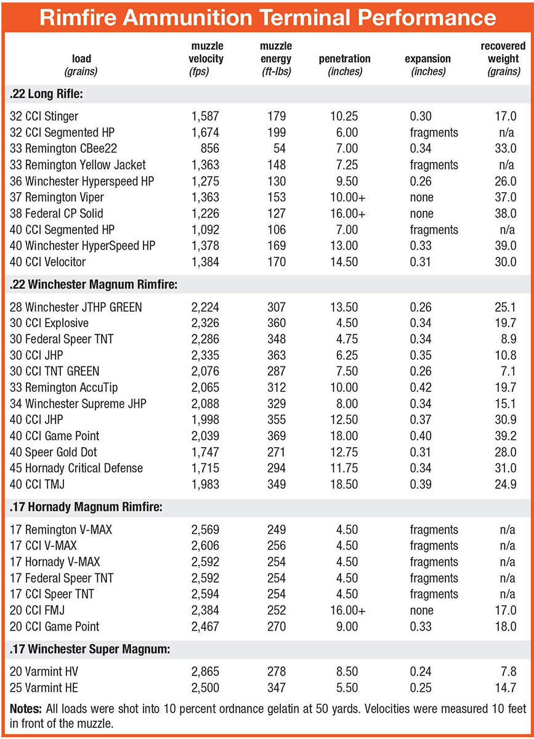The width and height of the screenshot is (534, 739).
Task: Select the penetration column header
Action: click(344, 65)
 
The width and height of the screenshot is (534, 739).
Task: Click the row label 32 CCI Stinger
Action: click(44, 116)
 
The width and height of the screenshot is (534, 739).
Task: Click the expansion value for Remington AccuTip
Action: click(423, 387)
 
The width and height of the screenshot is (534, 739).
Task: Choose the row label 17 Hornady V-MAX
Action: click(55, 562)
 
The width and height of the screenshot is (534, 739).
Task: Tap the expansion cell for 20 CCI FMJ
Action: click(422, 610)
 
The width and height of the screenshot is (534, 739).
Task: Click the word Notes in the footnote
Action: click(25, 708)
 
